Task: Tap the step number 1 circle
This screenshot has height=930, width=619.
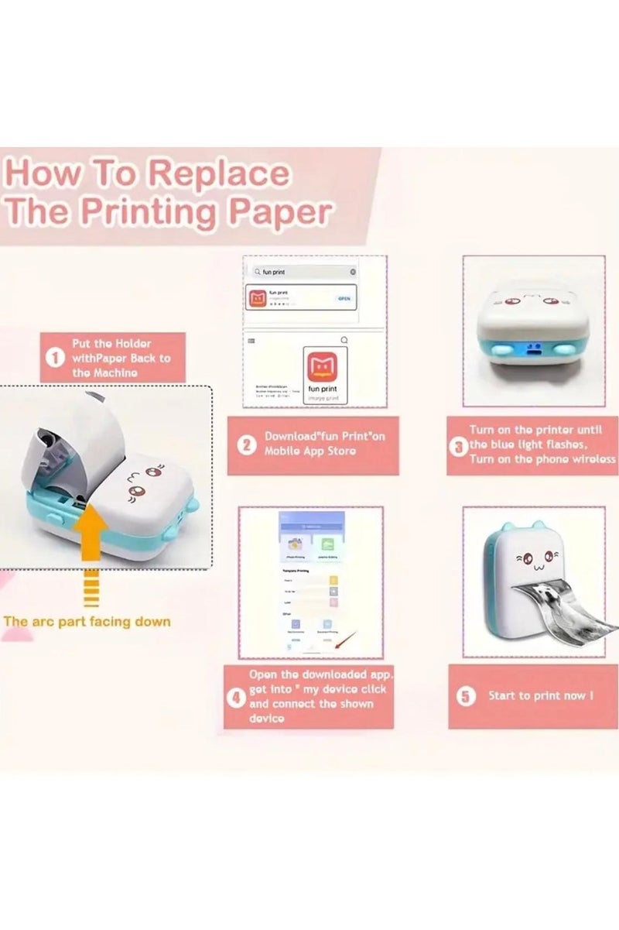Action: point(55,358)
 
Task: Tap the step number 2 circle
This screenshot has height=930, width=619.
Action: point(246,444)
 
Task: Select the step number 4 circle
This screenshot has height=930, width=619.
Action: point(236,696)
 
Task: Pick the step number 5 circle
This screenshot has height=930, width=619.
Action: point(465,696)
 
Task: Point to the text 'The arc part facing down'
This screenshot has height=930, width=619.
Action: point(87,621)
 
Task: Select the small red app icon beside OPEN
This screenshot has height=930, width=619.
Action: point(256,297)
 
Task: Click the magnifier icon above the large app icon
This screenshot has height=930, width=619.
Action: point(344,339)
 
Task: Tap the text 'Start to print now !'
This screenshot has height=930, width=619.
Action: point(541,695)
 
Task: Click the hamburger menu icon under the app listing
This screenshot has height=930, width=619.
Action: point(251,339)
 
